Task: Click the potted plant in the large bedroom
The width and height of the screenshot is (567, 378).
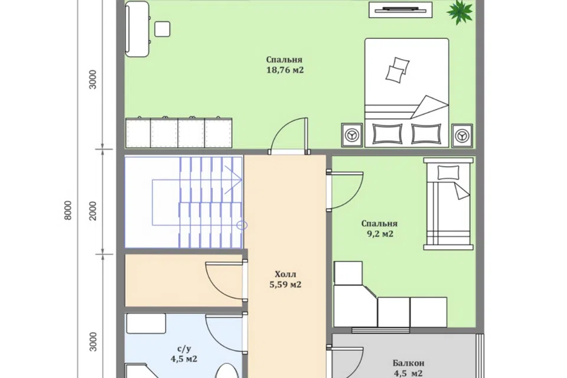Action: [460, 12]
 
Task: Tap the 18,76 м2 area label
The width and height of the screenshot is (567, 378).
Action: [285, 70]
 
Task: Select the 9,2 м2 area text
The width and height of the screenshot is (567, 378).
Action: [380, 234]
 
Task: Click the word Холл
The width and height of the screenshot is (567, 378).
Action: [285, 274]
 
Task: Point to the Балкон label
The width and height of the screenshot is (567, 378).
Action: [408, 363]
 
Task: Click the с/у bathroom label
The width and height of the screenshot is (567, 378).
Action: [184, 348]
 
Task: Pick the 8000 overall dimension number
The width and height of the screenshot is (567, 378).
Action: [67, 210]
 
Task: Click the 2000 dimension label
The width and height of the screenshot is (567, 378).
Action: [93, 210]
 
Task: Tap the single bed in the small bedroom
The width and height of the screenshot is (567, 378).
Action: [449, 204]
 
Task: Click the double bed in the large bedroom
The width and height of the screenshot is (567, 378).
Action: [406, 93]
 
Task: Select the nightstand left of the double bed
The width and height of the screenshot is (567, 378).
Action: [352, 135]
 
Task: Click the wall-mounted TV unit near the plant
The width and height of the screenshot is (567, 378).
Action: [400, 9]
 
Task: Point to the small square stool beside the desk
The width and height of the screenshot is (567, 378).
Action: [162, 29]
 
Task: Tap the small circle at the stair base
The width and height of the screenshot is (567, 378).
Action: [242, 226]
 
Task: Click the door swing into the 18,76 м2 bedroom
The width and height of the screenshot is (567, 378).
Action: [289, 136]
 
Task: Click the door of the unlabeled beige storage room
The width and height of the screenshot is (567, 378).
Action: [226, 280]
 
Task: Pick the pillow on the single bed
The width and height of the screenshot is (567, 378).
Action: [448, 172]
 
